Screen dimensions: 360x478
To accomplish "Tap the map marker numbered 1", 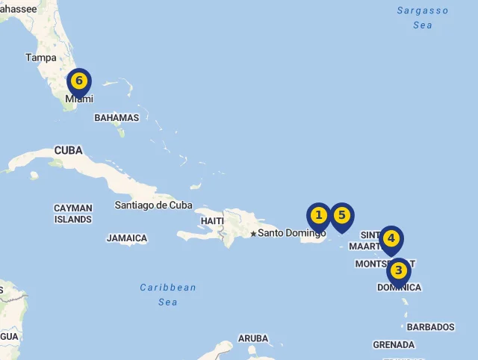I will click(x=319, y=216).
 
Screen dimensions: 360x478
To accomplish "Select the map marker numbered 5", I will click(x=342, y=216).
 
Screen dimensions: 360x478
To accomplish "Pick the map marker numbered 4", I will click(x=391, y=239).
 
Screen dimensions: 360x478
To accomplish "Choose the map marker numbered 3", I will click(x=399, y=270).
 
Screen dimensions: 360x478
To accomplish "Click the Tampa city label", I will click(x=40, y=58).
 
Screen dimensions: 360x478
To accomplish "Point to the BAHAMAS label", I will click(x=117, y=118).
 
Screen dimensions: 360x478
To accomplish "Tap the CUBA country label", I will click(x=68, y=151).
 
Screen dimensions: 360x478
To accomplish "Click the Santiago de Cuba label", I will click(x=153, y=205).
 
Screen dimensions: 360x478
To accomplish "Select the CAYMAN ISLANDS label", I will click(x=73, y=214).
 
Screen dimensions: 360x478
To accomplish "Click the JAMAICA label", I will click(x=127, y=238).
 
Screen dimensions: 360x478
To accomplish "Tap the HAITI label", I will click(x=212, y=221).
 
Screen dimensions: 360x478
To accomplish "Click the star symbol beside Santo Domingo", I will click(x=253, y=234).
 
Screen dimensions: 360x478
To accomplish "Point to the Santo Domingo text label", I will click(x=292, y=233).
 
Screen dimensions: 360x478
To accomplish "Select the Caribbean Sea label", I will click(x=168, y=294).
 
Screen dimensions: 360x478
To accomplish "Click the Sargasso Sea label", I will click(x=423, y=18).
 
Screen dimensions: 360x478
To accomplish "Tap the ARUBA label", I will click(x=253, y=338).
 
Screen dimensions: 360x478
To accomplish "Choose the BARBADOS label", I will click(x=430, y=327).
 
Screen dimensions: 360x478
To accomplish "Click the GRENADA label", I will click(x=394, y=345).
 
